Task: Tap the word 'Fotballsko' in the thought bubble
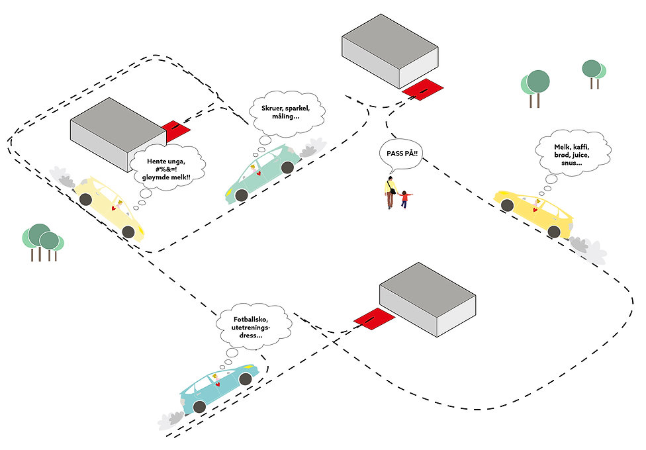[x=250, y=320]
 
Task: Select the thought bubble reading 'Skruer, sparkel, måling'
[x=287, y=114]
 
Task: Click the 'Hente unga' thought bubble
[x=167, y=168]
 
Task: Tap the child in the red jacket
[x=404, y=199]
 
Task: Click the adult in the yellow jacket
[x=391, y=192]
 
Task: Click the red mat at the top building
[x=423, y=89]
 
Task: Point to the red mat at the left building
[x=176, y=130]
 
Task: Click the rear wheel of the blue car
[x=199, y=407]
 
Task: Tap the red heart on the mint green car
[x=258, y=173]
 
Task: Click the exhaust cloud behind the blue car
[x=171, y=420]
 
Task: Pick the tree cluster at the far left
[x=42, y=242]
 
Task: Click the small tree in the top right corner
[x=594, y=74]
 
